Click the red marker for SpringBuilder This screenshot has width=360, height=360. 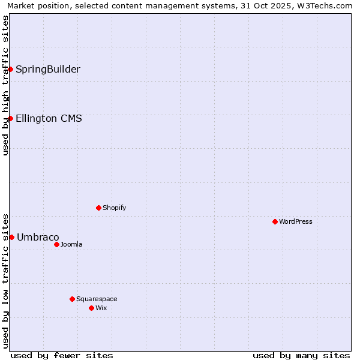[x=10, y=69]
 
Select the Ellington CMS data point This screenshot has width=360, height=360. [x=10, y=118]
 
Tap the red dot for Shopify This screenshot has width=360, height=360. [x=98, y=208]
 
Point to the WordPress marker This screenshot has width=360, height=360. [x=275, y=221]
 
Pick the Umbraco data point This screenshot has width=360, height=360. [x=11, y=237]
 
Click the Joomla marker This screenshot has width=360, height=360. [x=56, y=244]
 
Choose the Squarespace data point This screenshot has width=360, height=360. [x=72, y=299]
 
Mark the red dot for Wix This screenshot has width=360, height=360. [x=91, y=308]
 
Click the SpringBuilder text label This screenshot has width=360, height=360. [x=48, y=69]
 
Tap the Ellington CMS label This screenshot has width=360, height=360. [x=49, y=118]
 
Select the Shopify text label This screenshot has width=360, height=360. [x=114, y=208]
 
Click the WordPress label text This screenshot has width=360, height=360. [x=296, y=221]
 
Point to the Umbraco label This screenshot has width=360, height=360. [x=38, y=237]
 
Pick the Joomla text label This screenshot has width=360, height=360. [x=71, y=244]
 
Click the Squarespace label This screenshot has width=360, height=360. [x=97, y=299]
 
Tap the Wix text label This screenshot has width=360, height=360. [x=101, y=308]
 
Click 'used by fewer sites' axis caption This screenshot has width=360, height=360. [x=62, y=355]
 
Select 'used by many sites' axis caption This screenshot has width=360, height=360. [x=301, y=355]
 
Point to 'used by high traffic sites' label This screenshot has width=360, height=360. [x=6, y=85]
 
